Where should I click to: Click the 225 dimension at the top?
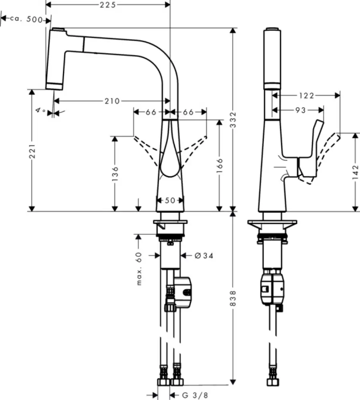click(x=107, y=5)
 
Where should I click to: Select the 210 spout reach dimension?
click(x=112, y=101)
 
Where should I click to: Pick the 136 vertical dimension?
click(x=115, y=174)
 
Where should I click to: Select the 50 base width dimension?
click(x=170, y=200)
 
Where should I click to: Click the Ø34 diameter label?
click(x=203, y=256)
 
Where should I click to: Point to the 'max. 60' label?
click(x=139, y=269)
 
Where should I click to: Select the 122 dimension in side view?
click(x=306, y=95)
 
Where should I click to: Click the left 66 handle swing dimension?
click(x=151, y=112)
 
